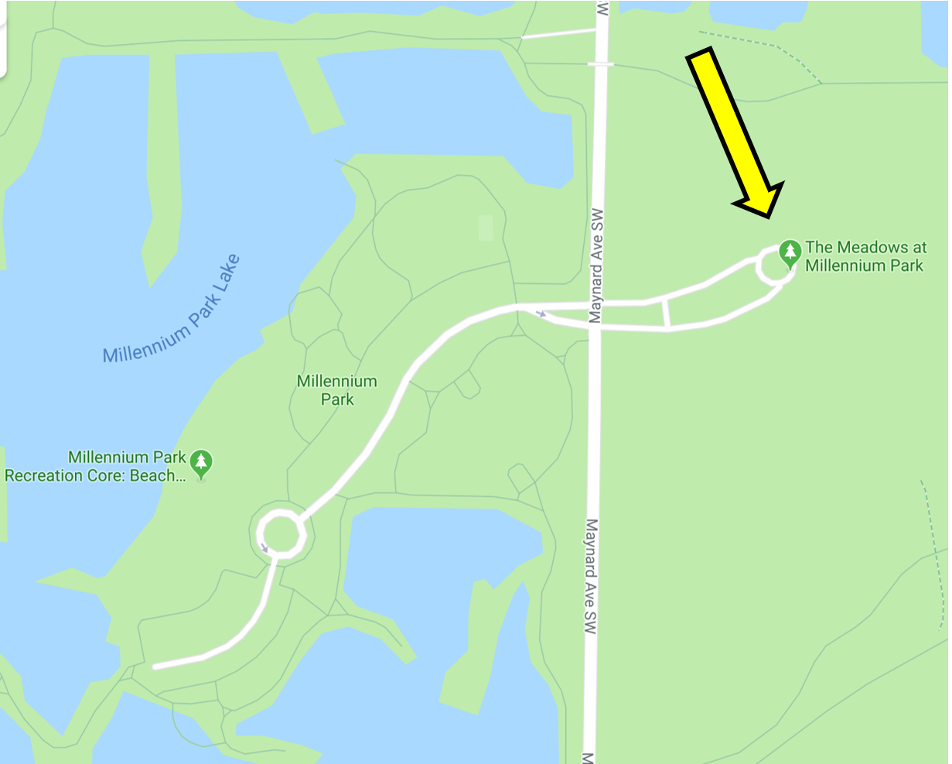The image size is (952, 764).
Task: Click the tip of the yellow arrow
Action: coord(769,214)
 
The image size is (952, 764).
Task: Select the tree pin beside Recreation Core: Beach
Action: coord(201,463)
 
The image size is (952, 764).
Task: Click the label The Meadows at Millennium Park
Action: coord(865,256)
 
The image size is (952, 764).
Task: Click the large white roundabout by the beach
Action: coord(280,533)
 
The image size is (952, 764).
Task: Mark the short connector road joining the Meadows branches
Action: coord(666,313)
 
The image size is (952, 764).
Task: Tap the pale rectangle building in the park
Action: coord(486,228)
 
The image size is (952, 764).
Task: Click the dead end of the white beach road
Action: coord(155,666)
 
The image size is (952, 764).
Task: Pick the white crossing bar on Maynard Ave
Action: coord(600,64)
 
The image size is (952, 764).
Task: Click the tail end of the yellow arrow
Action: coord(700,57)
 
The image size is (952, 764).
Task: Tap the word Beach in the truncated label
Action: coord(155,476)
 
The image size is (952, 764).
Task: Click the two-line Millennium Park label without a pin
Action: coord(337,390)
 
